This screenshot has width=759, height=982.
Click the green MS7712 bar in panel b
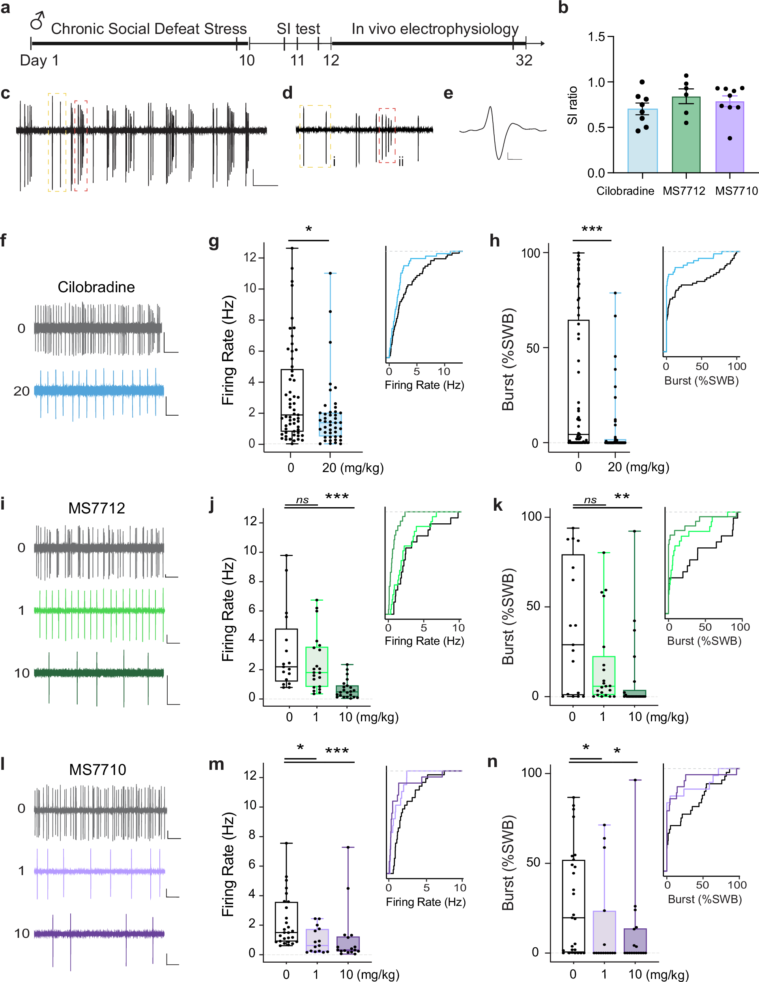[x=686, y=135]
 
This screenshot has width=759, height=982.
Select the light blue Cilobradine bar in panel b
[x=642, y=141]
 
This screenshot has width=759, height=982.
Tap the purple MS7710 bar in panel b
[x=729, y=138]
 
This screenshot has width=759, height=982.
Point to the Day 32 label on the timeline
[x=524, y=60]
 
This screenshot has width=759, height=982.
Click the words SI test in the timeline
[x=298, y=29]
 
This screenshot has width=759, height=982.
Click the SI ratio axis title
[x=572, y=105]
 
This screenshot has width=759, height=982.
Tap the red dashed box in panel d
[x=387, y=135]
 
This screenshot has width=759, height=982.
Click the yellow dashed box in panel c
[x=57, y=142]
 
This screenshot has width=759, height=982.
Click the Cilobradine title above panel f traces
[x=96, y=287]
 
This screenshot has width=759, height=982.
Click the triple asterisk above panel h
[x=592, y=229]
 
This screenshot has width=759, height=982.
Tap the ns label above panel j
[x=302, y=500]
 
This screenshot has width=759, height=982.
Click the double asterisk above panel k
[x=622, y=497]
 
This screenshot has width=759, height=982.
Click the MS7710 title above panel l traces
[x=97, y=769]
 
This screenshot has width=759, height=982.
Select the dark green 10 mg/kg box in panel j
[x=347, y=691]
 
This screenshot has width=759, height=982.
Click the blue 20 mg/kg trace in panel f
[x=99, y=391]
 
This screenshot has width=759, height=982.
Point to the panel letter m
[x=216, y=764]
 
